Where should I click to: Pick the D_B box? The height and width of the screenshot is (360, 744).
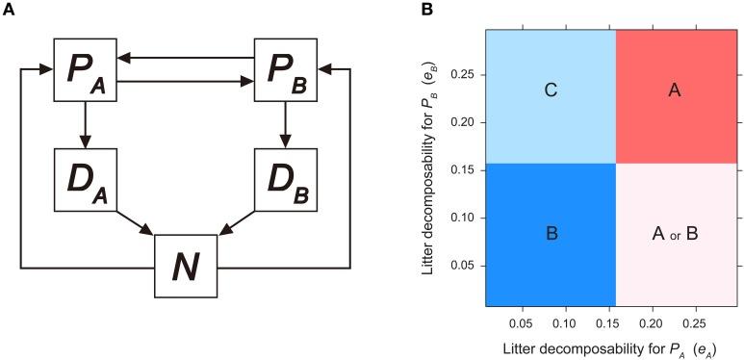pyautogui.click(x=284, y=180)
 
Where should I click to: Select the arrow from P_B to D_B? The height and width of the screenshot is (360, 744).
pyautogui.click(x=284, y=125)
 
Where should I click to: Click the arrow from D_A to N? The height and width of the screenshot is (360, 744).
pyautogui.click(x=136, y=223)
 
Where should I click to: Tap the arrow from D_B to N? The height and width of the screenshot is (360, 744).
pyautogui.click(x=237, y=223)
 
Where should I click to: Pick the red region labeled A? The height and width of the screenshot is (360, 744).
pyautogui.click(x=674, y=91)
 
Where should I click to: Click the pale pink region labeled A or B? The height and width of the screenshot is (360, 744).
pyautogui.click(x=674, y=232)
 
